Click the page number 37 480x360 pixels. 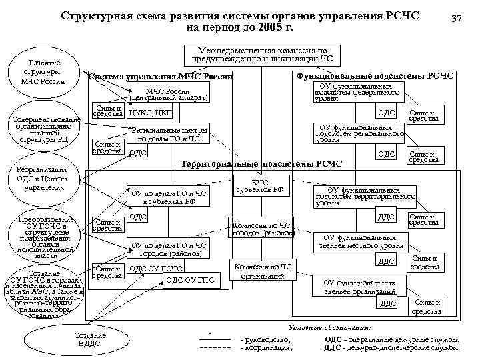(456, 20)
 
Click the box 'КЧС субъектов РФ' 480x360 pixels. (260, 185)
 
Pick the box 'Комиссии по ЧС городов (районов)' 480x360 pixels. (261, 229)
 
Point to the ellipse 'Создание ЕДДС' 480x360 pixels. (90, 339)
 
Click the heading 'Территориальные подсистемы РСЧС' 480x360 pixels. (261, 164)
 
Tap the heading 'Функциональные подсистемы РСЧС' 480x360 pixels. (374, 76)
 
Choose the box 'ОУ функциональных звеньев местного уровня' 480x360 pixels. (363, 242)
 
